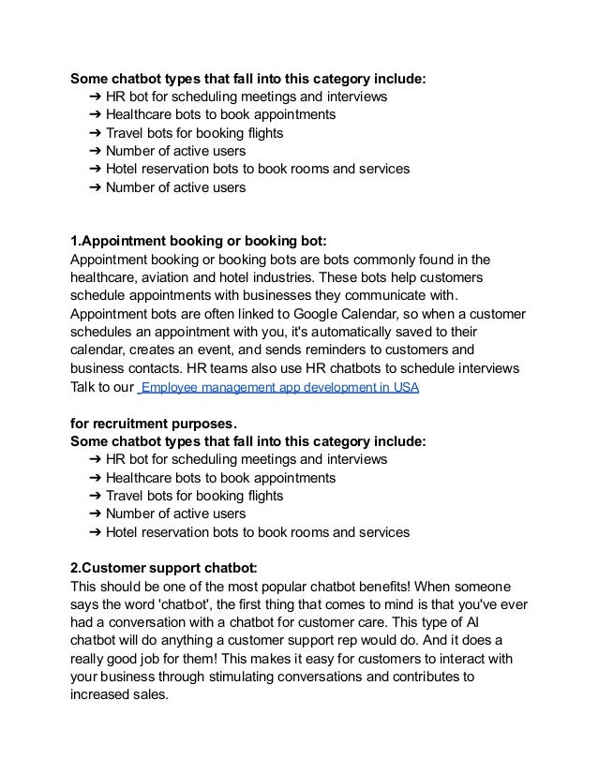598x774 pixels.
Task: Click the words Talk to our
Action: [101, 385]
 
